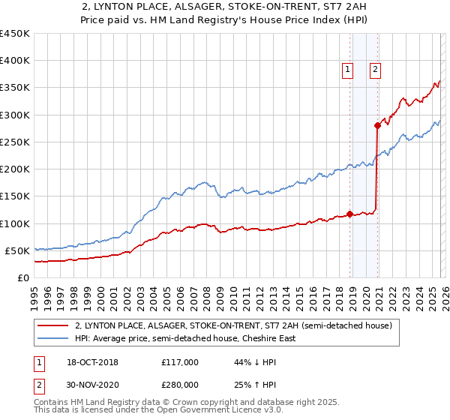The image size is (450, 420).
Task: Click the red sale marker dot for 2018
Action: pyautogui.click(x=349, y=214)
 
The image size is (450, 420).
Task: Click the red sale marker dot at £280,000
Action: pyautogui.click(x=377, y=126)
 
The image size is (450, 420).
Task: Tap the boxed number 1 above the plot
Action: pyautogui.click(x=348, y=70)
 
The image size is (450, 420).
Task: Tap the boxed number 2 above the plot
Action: pyautogui.click(x=375, y=70)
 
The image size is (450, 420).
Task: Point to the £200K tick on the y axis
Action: pyautogui.click(x=15, y=169)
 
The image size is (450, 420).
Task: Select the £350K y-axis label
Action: pyautogui.click(x=15, y=88)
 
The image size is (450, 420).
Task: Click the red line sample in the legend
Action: pyautogui.click(x=53, y=325)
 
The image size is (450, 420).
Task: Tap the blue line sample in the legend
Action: pyautogui.click(x=53, y=338)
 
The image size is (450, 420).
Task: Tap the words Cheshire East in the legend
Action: pyautogui.click(x=268, y=338)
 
